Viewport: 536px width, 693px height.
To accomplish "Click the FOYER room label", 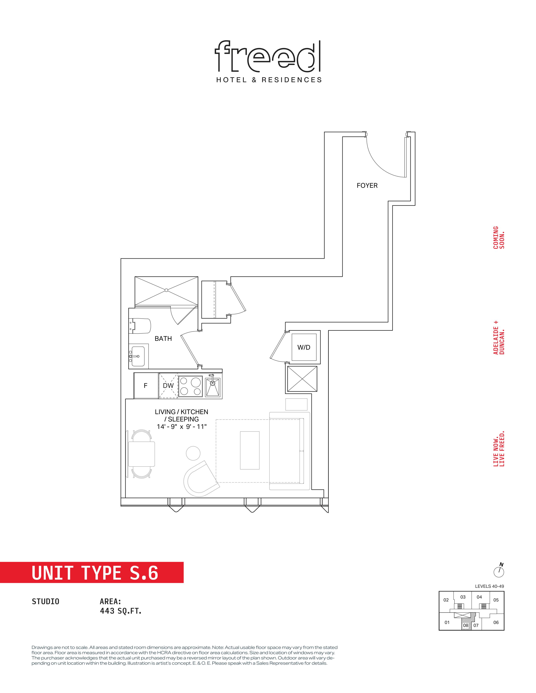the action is (367, 186).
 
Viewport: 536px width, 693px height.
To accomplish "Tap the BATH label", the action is (163, 339).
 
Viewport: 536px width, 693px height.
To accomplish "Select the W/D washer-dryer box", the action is (304, 347).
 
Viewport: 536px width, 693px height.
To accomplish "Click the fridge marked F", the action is (146, 386).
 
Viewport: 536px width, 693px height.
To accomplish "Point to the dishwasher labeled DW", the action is (168, 386).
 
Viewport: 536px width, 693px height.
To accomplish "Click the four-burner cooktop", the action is (190, 386).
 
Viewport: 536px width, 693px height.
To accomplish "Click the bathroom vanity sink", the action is (137, 356).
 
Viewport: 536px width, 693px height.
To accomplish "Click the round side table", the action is (193, 453).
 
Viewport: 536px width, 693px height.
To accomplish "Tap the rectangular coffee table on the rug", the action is (250, 450).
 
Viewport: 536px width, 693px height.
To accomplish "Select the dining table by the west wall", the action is (142, 454).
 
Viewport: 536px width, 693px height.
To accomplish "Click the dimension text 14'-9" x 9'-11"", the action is (182, 427).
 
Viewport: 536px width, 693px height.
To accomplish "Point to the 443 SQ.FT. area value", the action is (121, 611).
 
